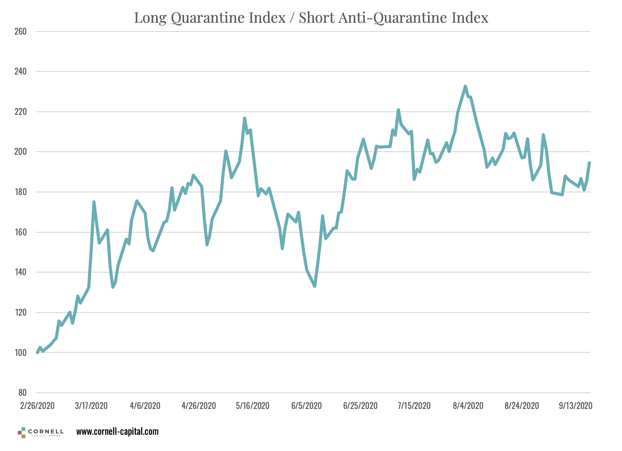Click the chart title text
(x=311, y=18)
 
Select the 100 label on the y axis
(x=21, y=353)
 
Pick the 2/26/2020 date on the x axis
(x=37, y=405)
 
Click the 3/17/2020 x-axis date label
(x=91, y=405)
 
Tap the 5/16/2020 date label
(x=253, y=405)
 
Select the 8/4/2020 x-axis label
(x=468, y=405)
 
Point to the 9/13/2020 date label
(x=576, y=405)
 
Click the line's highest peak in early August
(x=465, y=86)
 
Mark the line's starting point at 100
(x=37, y=352)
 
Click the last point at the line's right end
(x=590, y=163)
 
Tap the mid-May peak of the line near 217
(x=244, y=118)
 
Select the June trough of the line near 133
(x=315, y=286)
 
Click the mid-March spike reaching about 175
(x=94, y=202)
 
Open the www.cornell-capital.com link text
(x=117, y=432)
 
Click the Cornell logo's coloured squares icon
(x=21, y=433)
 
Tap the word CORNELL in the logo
(x=46, y=431)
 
